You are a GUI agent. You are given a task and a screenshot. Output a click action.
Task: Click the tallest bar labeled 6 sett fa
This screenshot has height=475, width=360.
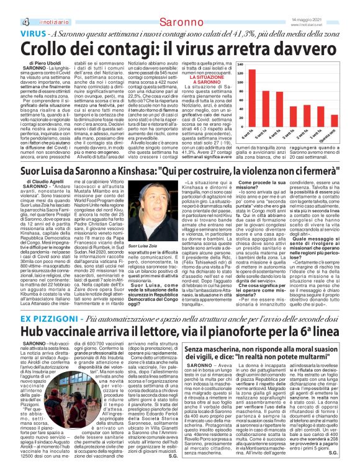tap(253, 94)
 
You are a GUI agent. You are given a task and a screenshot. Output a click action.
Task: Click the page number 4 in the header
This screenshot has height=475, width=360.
tap(16, 6)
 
